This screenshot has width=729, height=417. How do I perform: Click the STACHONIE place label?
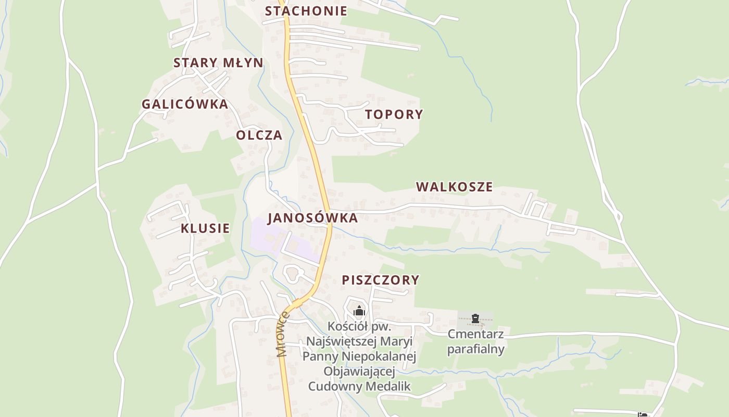coord(306,11)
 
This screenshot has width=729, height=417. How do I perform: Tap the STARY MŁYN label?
coord(218,63)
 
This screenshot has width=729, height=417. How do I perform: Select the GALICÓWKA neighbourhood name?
coord(185,104)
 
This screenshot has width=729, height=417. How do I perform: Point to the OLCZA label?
coord(259,136)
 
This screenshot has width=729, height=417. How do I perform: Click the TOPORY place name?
coord(394,115)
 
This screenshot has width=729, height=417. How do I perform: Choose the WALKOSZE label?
coord(454,187)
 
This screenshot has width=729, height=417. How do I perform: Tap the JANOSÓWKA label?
coord(312,218)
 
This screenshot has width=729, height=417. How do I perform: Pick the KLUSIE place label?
coord(205,228)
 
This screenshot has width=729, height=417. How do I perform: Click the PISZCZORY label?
coord(380,280)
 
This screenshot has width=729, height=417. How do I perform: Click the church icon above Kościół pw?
coord(359,312)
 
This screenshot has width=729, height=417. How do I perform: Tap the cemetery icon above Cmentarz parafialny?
coord(475,318)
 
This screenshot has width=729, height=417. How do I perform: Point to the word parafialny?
coord(475,348)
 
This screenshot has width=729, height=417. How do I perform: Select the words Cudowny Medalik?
coord(359,386)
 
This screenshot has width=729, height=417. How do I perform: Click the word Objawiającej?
coord(359,371)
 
